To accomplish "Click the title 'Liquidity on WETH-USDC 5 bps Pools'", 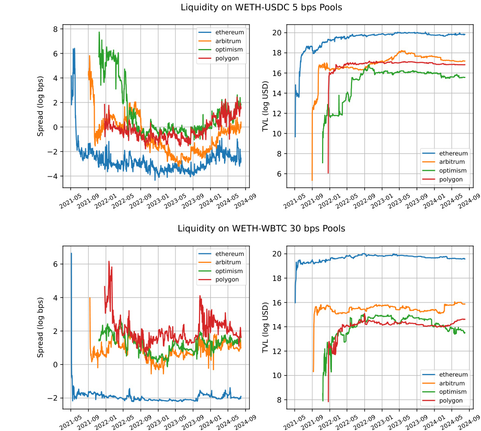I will tap(261, 7).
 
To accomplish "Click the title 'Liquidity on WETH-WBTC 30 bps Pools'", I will tap(261, 228).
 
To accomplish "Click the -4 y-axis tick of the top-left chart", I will tap(54, 177).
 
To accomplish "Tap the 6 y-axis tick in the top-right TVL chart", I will tap(269, 174).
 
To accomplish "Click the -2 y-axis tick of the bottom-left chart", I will tap(54, 398).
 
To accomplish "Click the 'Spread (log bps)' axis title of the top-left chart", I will tap(40, 106).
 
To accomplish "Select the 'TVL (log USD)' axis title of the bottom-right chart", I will tap(265, 327).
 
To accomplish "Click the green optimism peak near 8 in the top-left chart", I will tap(99, 32).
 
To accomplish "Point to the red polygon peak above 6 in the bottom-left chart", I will tap(109, 261).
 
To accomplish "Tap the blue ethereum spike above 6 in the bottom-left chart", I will tap(71, 254).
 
